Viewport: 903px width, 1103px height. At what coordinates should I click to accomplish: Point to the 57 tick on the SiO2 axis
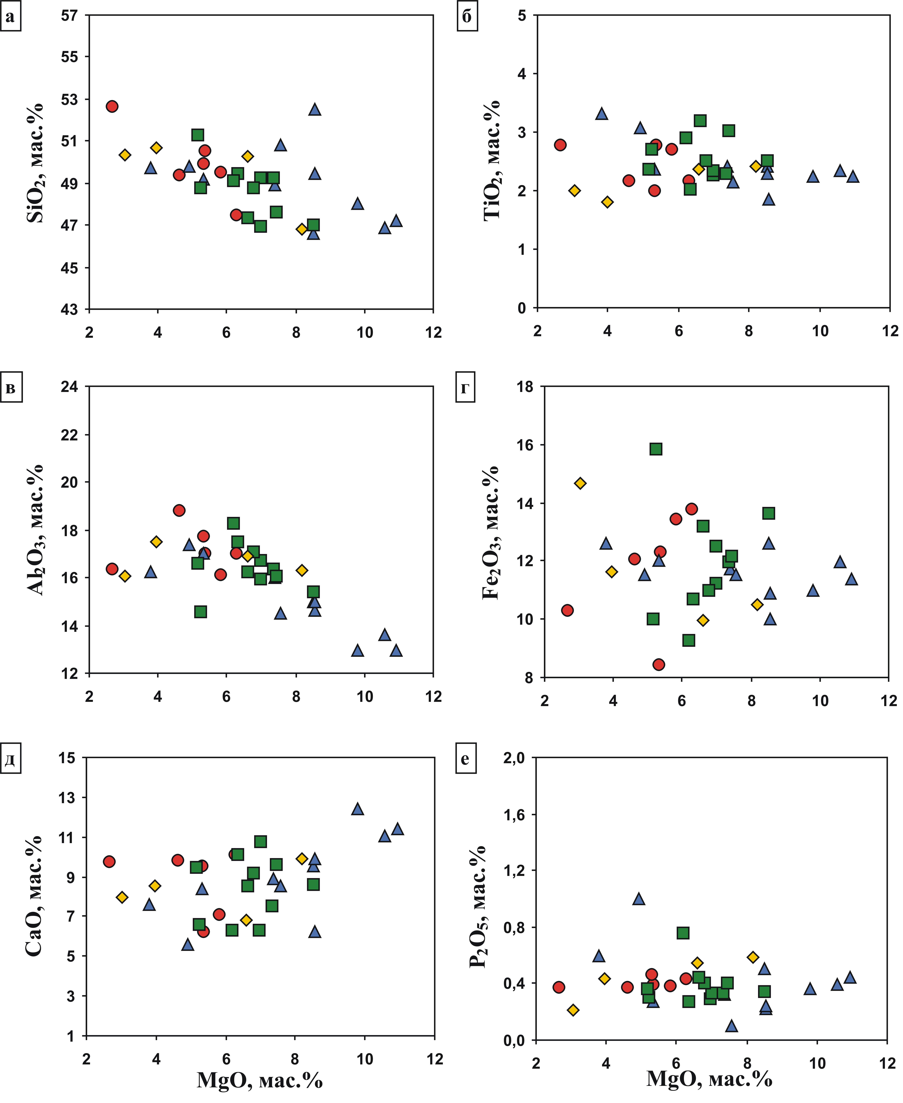[x=69, y=16]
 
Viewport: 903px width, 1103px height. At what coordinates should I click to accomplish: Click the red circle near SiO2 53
[x=112, y=106]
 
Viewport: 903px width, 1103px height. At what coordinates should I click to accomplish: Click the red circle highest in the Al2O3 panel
[x=179, y=510]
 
